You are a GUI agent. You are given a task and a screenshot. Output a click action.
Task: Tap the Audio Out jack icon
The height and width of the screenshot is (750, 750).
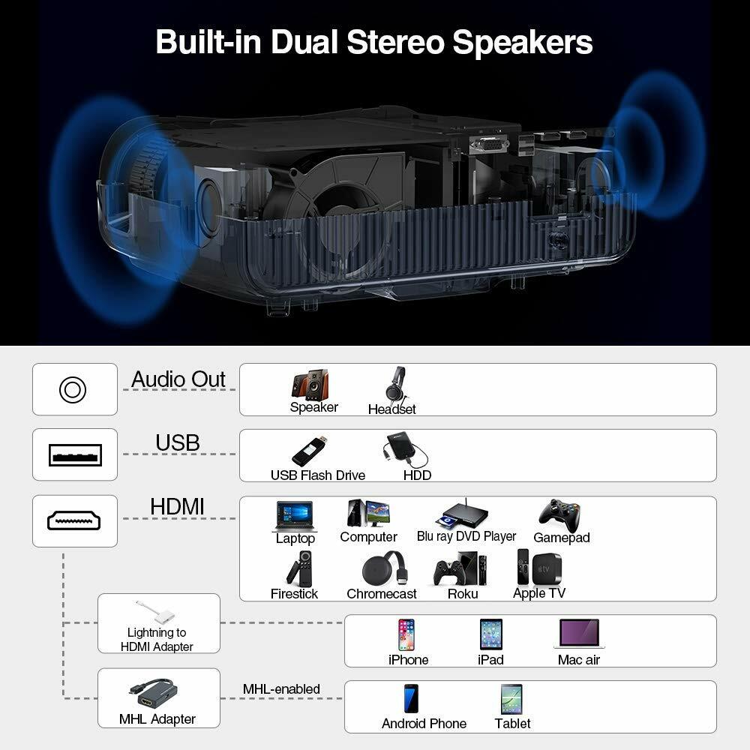pos(73,389)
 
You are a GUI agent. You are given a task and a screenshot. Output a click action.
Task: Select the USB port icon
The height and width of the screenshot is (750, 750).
pos(74,454)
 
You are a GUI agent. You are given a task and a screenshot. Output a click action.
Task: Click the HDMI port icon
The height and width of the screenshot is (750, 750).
pos(74,520)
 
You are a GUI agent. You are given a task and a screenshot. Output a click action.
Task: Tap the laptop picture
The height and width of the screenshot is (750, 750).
pos(295,516)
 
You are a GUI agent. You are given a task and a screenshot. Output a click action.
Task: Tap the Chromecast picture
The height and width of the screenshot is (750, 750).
pos(384,569)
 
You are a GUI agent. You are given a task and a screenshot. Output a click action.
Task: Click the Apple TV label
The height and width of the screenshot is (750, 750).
pos(539,593)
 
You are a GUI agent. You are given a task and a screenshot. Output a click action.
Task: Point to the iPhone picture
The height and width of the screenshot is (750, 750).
pos(406,634)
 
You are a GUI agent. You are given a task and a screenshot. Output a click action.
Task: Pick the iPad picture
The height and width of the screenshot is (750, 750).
pos(491,634)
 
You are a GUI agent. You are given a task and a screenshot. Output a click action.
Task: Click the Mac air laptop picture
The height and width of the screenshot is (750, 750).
pos(579,634)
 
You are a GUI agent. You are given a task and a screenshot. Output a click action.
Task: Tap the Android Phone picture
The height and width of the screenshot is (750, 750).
pos(411,699)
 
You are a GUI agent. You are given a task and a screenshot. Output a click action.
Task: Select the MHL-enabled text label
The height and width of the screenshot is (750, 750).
pos(281,689)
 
